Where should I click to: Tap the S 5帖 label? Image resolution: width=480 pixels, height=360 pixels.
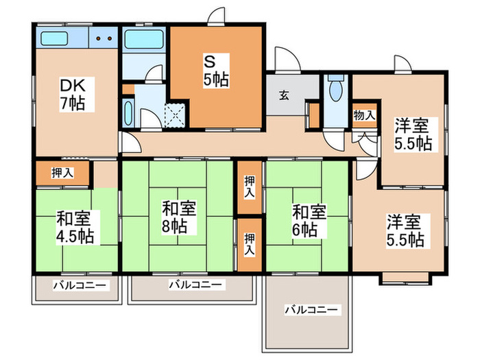click(216, 71)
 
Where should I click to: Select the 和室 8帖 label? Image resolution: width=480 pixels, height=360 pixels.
click(179, 217)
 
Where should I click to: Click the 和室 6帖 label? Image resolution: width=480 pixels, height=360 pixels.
click(309, 221)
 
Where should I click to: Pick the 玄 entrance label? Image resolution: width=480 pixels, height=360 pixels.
click(284, 96)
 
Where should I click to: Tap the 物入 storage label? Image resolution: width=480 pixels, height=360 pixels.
click(364, 115)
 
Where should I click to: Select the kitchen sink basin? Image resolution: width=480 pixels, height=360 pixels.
click(54, 38)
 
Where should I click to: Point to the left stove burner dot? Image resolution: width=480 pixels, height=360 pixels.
click(99, 38)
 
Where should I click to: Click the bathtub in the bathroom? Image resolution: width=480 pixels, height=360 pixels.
click(143, 39)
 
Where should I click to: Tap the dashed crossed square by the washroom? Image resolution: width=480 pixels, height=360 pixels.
click(175, 115)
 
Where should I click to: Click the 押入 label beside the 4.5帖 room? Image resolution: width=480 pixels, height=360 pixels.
click(62, 173)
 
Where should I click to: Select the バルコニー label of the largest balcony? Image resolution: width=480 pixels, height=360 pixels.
click(311, 310)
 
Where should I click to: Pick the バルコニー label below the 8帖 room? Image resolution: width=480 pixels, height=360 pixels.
click(195, 285)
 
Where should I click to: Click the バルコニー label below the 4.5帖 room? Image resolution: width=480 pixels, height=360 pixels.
click(80, 286)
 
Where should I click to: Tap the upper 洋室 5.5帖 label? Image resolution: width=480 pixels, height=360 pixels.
click(413, 134)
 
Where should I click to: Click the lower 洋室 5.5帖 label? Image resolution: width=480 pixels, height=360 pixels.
click(405, 230)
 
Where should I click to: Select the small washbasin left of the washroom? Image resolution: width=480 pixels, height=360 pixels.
click(129, 113)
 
